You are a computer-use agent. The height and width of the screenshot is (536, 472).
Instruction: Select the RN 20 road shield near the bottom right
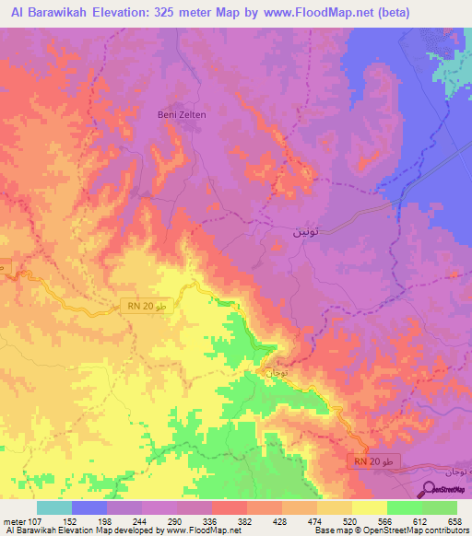(x=376, y=460)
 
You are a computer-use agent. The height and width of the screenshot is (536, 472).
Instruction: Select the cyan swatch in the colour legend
(x=54, y=507)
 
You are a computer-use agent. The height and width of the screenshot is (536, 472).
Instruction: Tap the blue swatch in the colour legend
(x=89, y=507)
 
